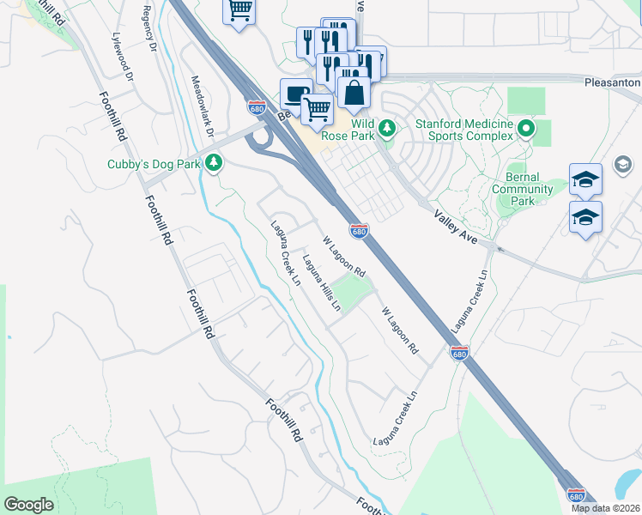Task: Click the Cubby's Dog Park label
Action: [153, 164]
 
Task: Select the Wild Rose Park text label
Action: [351, 128]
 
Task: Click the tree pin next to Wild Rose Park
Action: [388, 128]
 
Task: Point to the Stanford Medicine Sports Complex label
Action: [464, 130]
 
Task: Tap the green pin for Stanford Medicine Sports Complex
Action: [527, 129]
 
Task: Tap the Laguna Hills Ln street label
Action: [322, 282]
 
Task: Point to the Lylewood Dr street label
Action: [124, 58]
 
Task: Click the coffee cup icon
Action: [296, 94]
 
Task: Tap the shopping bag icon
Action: [354, 91]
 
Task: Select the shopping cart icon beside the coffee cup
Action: [318, 110]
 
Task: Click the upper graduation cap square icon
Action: [585, 179]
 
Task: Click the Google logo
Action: [28, 505]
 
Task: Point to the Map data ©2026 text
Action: [605, 507]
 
